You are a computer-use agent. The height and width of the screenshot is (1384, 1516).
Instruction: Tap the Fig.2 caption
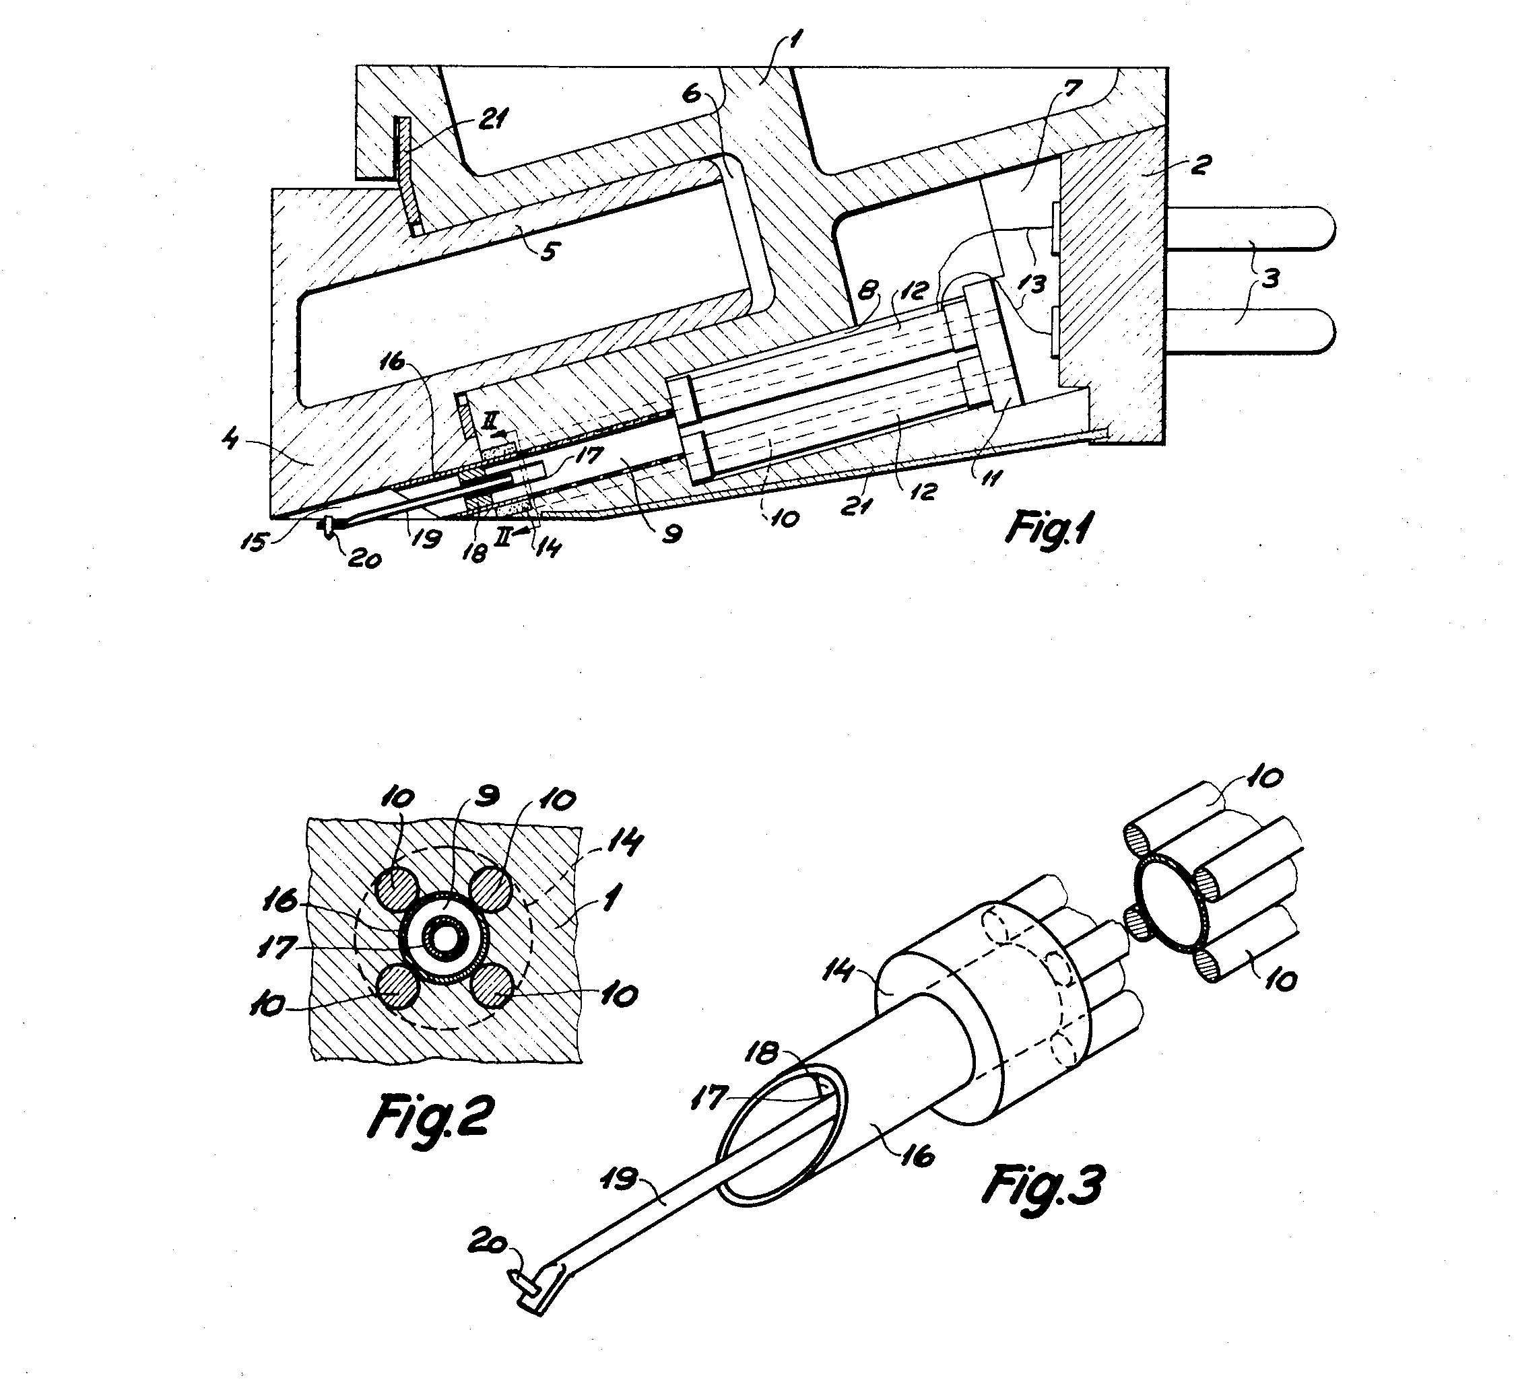(431, 1115)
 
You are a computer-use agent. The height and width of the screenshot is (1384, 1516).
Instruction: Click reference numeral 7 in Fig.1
(1072, 90)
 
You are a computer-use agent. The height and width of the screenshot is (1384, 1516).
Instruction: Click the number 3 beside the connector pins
(1270, 279)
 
